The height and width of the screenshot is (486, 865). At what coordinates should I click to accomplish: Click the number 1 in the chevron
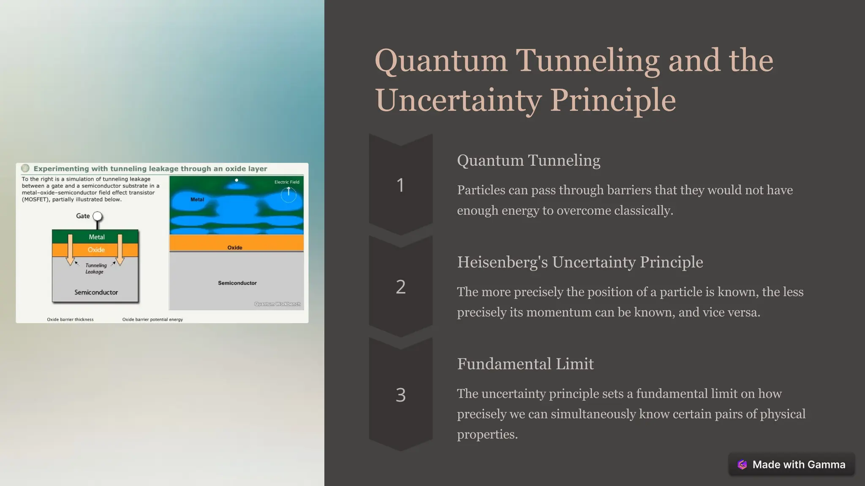pos(400,185)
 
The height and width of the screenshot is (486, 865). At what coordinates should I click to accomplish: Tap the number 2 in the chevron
pos(400,287)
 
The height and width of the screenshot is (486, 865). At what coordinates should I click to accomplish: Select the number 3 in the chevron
pos(400,395)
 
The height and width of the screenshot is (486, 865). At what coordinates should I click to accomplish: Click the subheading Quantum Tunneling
pos(528,160)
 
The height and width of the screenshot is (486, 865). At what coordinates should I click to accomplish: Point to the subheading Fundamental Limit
pos(525,364)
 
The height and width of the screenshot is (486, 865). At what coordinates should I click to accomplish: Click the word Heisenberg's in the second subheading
pos(503,262)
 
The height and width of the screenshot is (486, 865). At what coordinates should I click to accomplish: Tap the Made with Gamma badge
pos(792,464)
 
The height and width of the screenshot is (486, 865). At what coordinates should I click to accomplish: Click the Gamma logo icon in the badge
pos(742,464)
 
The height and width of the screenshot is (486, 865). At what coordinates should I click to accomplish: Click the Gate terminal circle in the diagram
pos(98,216)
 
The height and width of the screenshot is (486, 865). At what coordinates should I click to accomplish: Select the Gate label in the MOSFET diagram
pos(83,216)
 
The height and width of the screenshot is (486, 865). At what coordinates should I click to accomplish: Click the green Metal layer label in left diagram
pos(97,237)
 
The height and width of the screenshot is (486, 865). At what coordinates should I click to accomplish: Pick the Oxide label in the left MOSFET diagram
pos(96,250)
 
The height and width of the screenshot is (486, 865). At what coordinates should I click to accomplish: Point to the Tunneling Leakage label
pos(95,268)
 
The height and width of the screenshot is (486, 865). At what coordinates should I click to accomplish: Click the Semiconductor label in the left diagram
pos(96,292)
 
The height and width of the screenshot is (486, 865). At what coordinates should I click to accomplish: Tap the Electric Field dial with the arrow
pos(288,194)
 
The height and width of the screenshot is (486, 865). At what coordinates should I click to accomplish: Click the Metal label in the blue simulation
pos(197,200)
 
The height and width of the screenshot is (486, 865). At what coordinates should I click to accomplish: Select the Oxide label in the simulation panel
pos(235,248)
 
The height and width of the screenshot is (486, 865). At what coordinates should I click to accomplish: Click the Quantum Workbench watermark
pos(277,304)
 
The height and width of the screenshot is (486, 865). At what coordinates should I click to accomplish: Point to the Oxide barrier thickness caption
pos(70,319)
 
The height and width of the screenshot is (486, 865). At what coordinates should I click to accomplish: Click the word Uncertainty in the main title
pos(458,100)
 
